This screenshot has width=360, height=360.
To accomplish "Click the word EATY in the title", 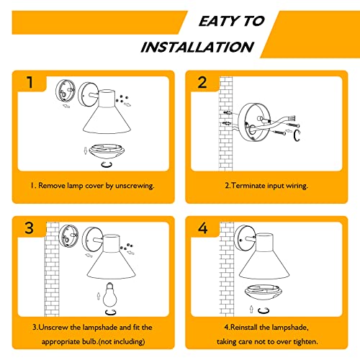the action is pyautogui.click(x=219, y=21).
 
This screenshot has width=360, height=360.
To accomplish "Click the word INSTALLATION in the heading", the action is pyautogui.click(x=197, y=47).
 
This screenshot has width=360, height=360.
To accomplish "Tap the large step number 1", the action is pyautogui.click(x=30, y=82).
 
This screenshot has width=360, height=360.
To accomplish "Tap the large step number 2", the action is pyautogui.click(x=202, y=82).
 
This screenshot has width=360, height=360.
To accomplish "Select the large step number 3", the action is pyautogui.click(x=29, y=228).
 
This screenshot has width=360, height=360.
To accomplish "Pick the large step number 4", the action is pyautogui.click(x=203, y=228).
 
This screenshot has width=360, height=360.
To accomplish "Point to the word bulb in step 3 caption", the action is pyautogui.click(x=89, y=341).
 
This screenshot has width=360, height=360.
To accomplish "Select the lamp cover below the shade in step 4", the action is pyautogui.click(x=263, y=292).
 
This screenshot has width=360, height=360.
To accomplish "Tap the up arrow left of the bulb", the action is pyautogui.click(x=99, y=296).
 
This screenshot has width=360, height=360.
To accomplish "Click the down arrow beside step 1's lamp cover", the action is pyautogui.click(x=85, y=151).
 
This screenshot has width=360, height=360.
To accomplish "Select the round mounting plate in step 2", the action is pyautogui.click(x=254, y=122).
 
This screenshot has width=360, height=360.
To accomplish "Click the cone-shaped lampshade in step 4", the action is pyautogui.click(x=264, y=256).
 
